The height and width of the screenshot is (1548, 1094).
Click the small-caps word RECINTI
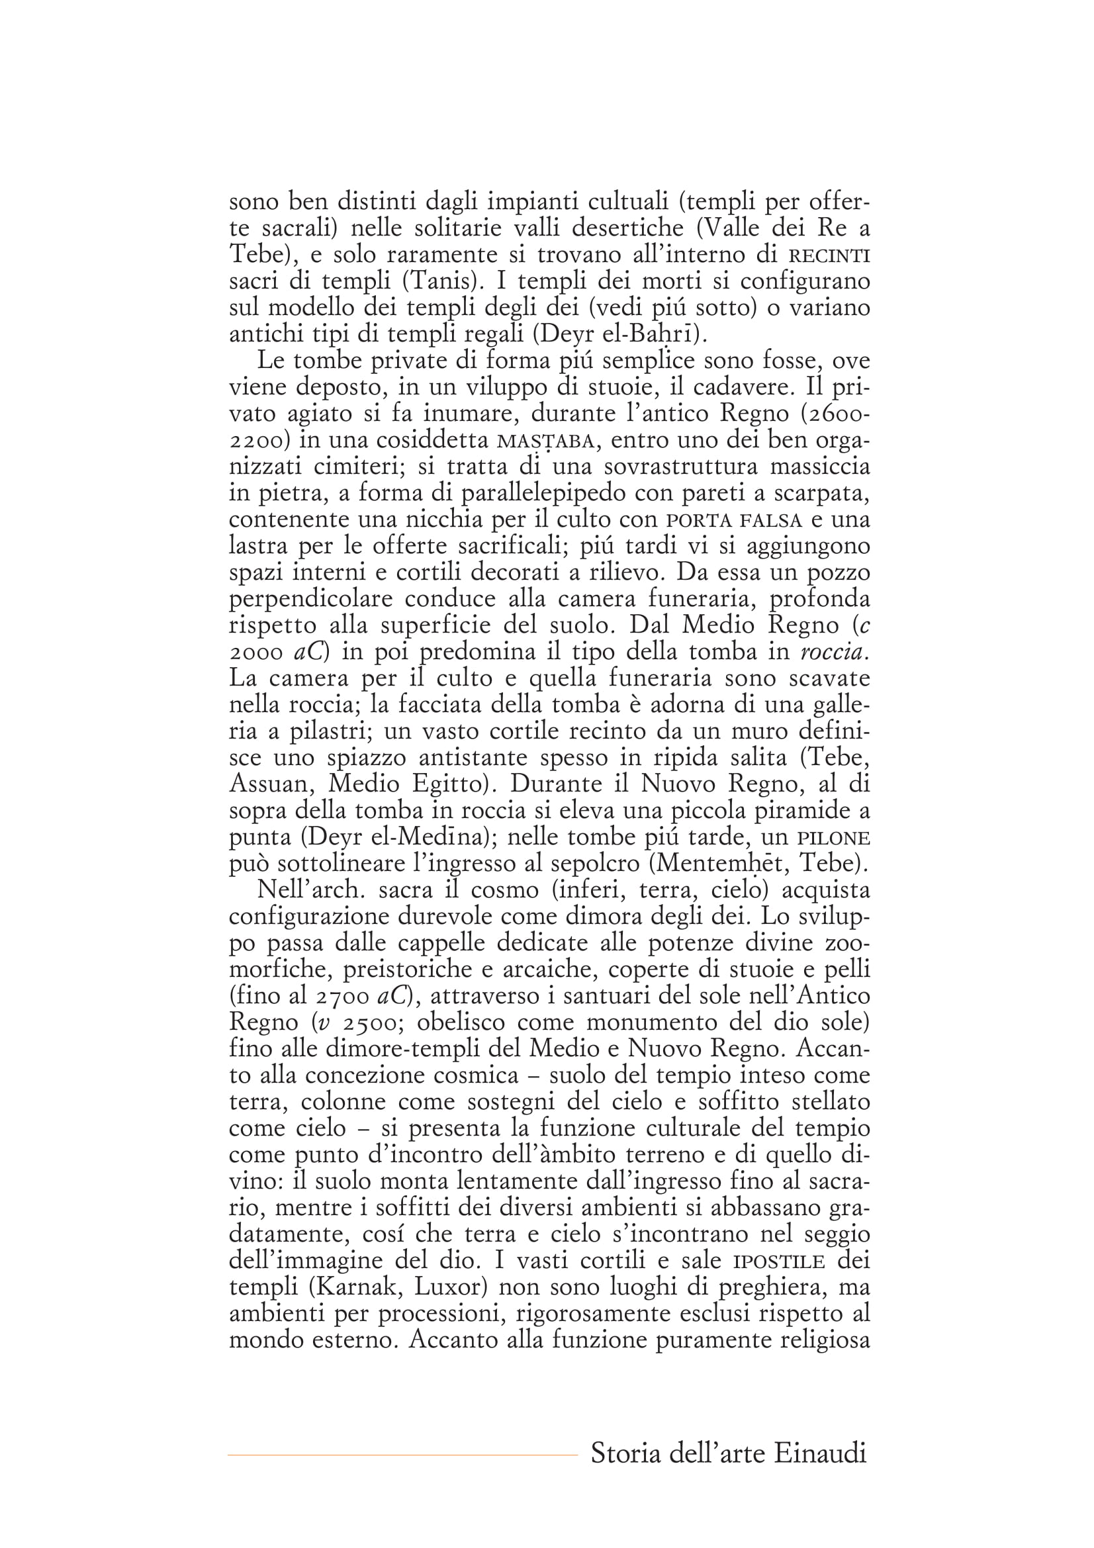click(829, 257)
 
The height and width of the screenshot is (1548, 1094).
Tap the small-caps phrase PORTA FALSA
click(734, 521)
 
